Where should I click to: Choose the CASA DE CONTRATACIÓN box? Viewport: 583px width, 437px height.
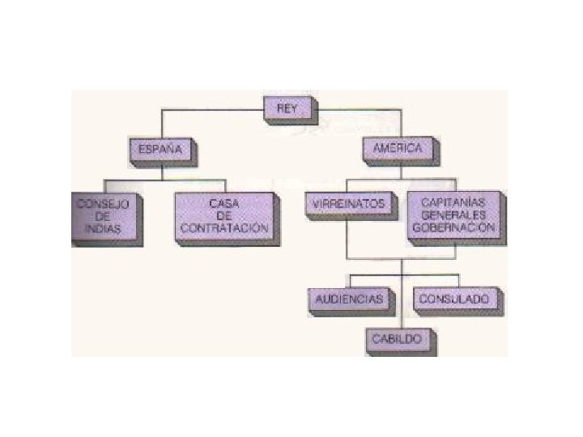coord(223,216)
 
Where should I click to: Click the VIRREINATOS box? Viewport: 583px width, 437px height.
coord(348,204)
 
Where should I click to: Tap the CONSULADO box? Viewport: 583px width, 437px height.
coord(453,299)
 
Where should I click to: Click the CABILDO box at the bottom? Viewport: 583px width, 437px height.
coord(397,339)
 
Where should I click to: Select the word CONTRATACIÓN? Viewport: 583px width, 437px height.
coord(223,229)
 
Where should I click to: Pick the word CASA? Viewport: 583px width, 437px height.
coord(223,204)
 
